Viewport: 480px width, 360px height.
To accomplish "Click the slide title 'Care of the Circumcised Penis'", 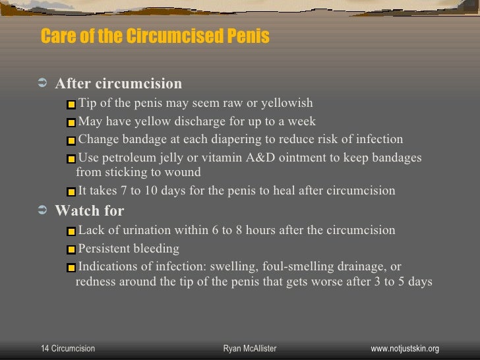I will [155, 36].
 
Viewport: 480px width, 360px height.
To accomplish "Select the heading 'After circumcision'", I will [118, 84].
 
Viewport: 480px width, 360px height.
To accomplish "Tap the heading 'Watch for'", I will [89, 211].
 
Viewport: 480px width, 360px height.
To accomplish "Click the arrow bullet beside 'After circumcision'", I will [44, 84].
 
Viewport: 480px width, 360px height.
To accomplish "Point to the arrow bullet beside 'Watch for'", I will [44, 211].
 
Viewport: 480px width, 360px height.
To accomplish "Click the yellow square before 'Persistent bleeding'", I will [72, 250].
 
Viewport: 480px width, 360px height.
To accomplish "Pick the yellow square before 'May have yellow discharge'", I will [72, 123].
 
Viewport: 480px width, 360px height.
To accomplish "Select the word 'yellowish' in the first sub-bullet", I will [287, 103].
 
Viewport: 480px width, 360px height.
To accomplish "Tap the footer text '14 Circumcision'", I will [68, 348].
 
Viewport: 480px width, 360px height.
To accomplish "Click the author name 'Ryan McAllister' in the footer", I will [250, 348].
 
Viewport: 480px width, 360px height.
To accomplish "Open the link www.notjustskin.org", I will [405, 348].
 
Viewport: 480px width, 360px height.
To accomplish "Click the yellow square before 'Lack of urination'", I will [72, 231].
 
